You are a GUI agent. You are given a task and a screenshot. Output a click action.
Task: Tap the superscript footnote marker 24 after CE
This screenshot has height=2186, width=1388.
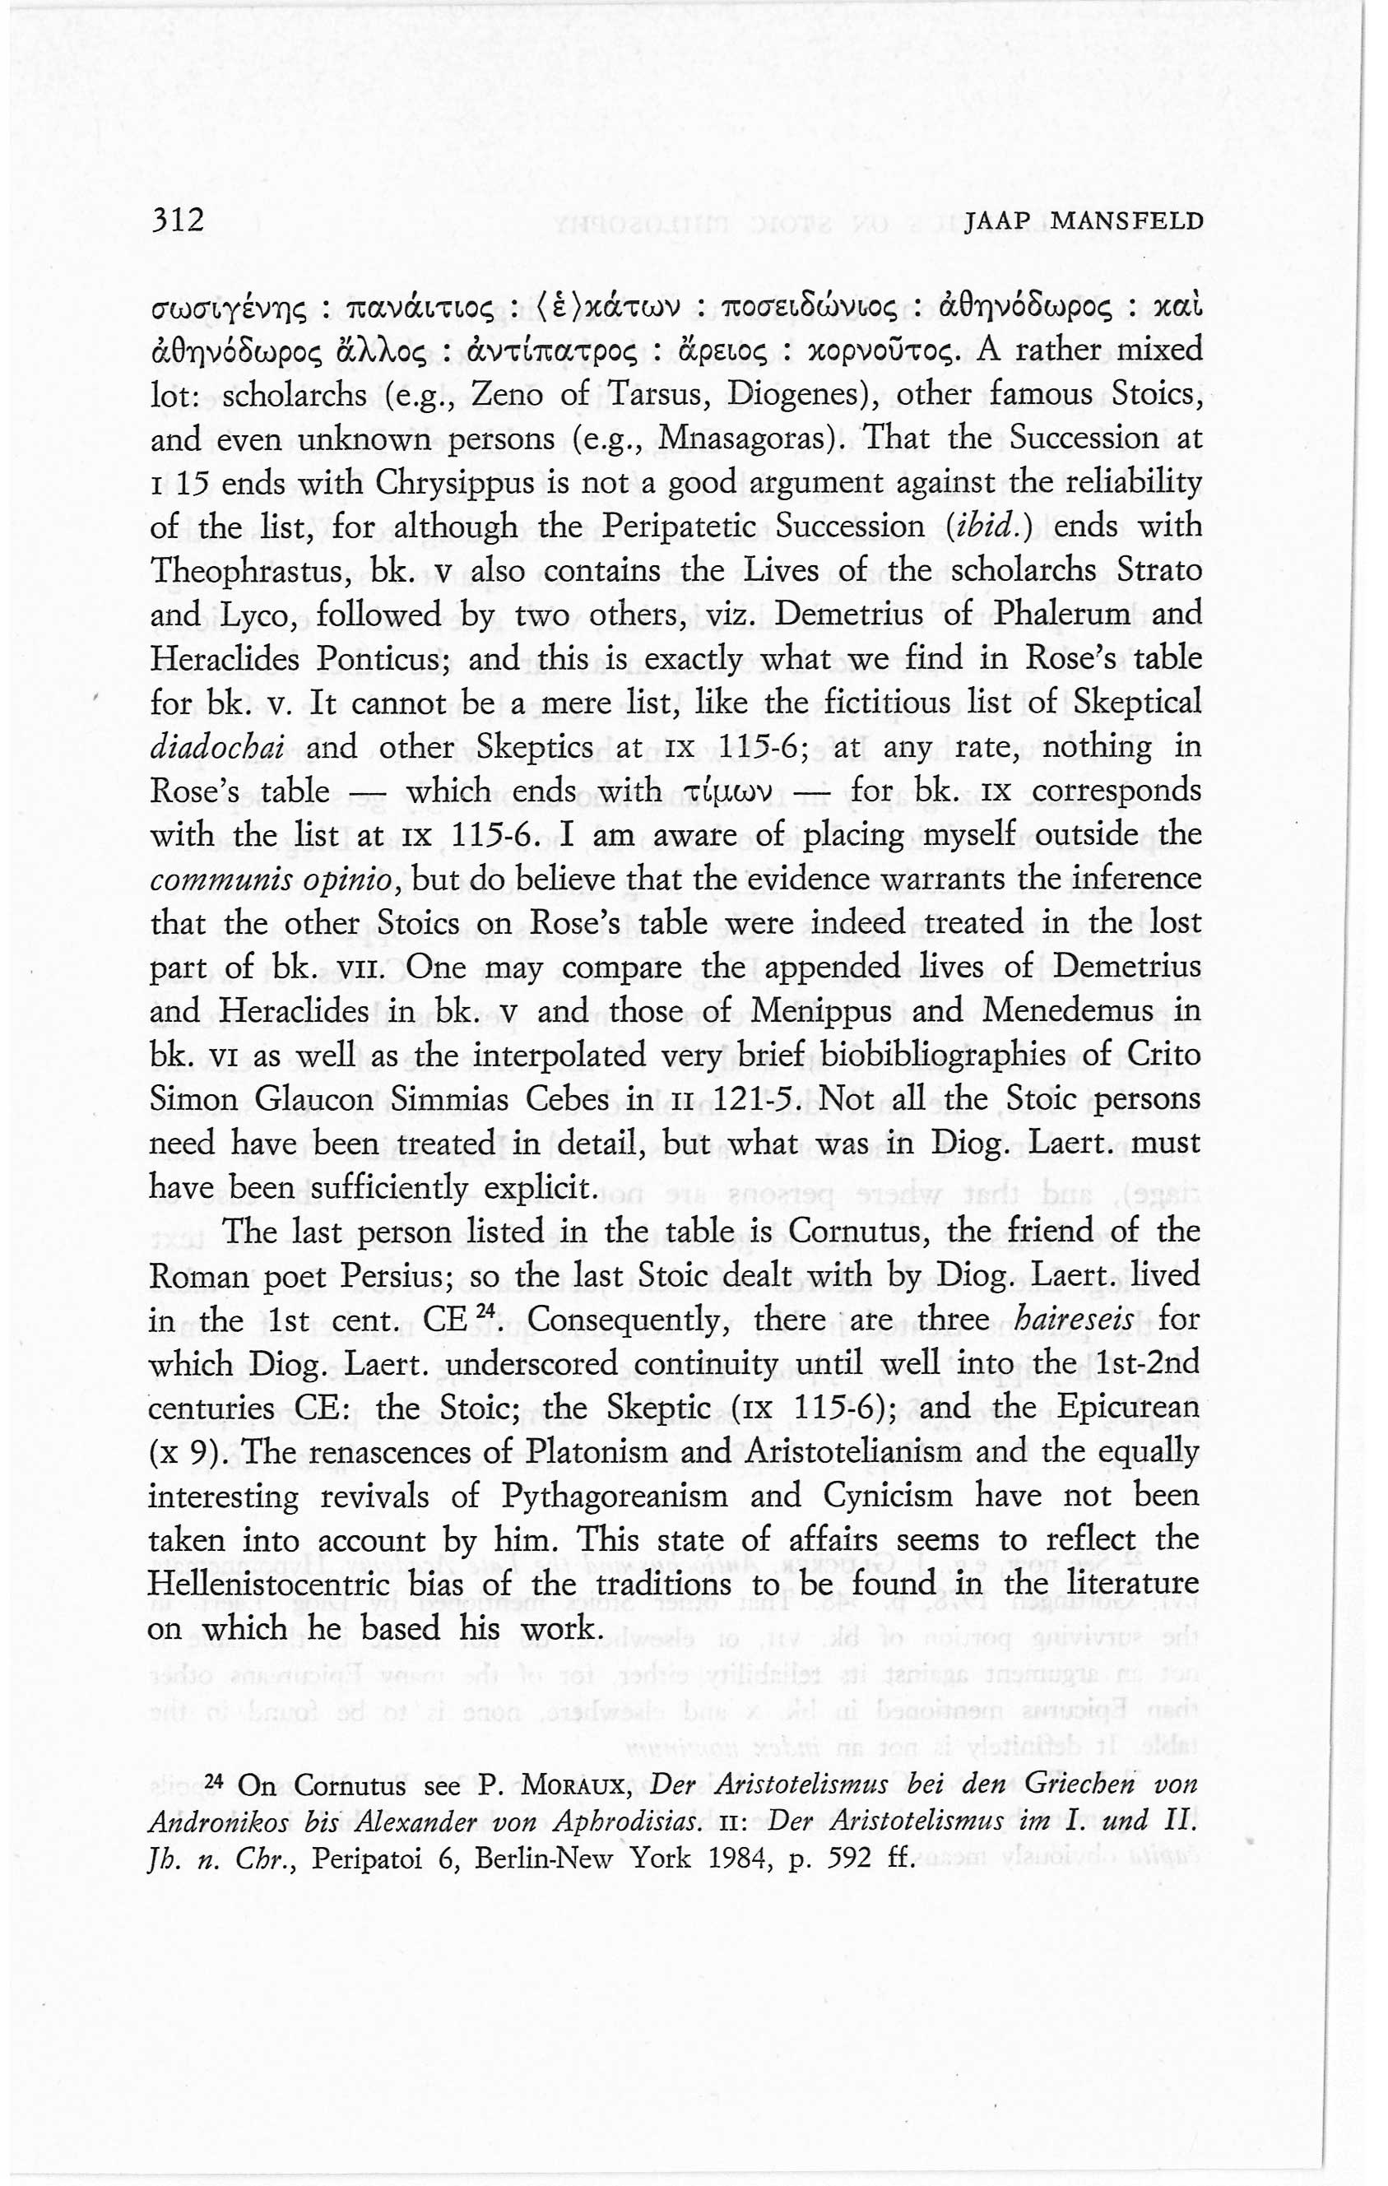pos(491,1313)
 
